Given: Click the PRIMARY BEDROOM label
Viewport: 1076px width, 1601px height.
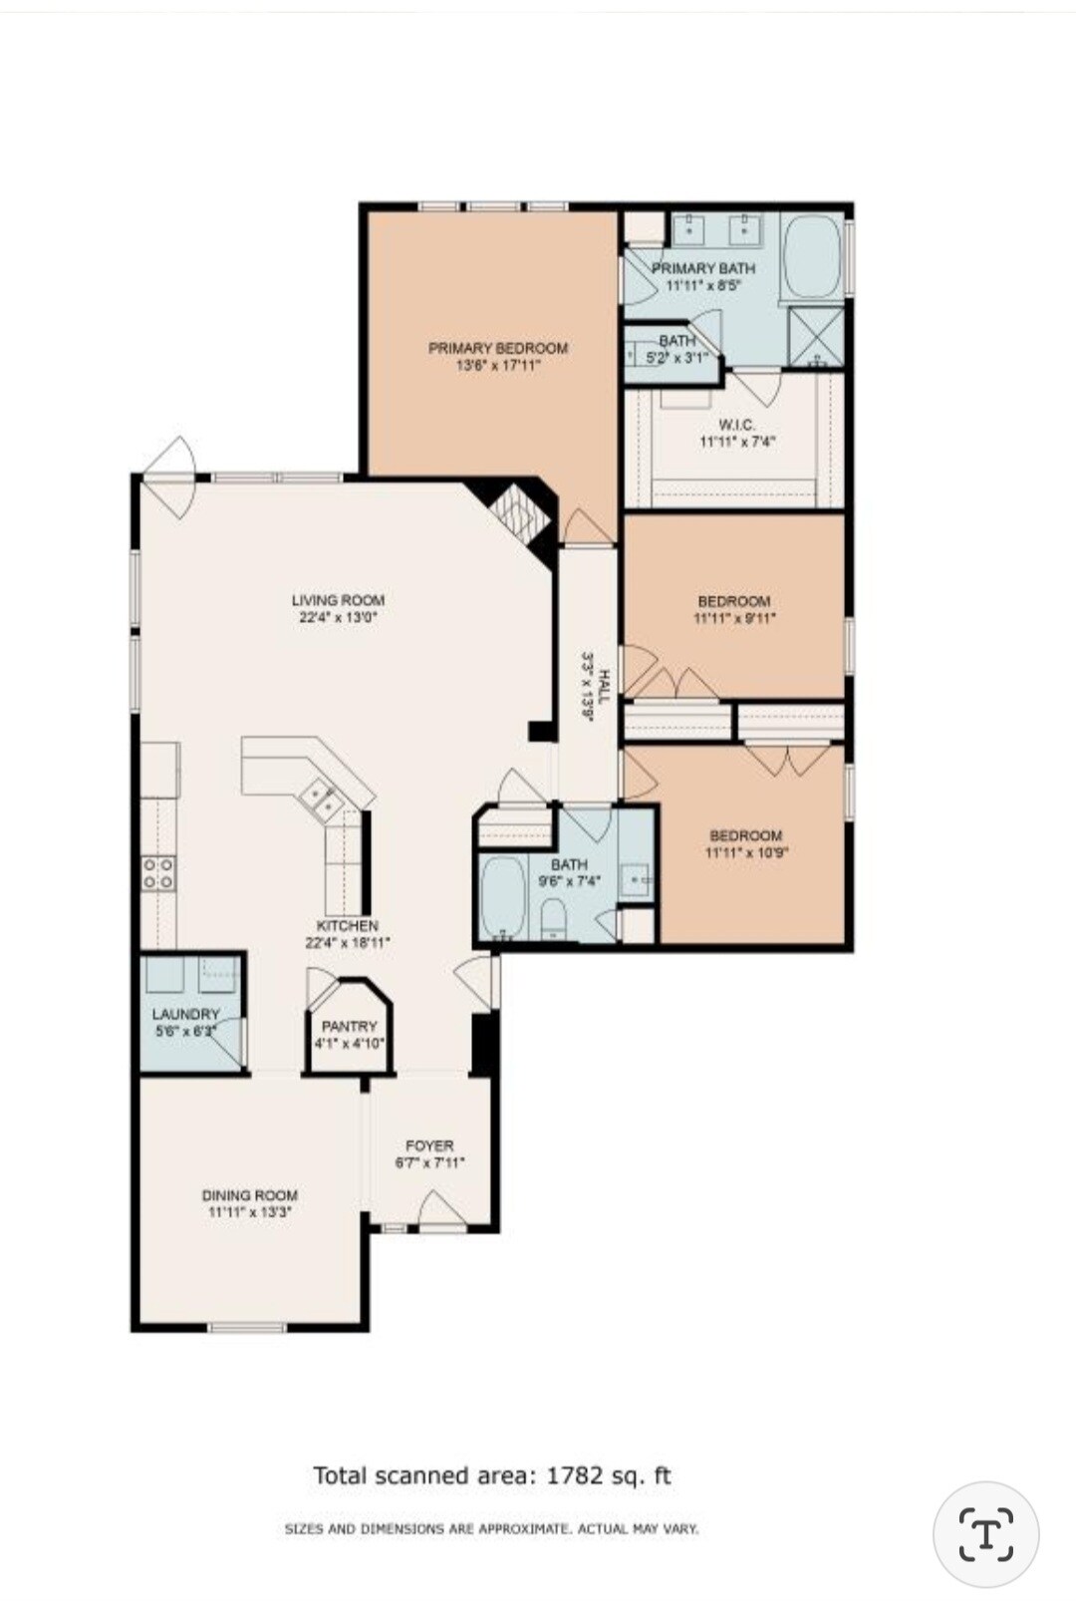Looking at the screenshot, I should point(497,348).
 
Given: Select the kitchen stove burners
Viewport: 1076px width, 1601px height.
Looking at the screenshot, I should point(158,873).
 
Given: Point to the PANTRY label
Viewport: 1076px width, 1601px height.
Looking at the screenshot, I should point(349,1026).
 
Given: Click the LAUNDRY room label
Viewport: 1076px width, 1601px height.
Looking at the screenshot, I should point(185,1014).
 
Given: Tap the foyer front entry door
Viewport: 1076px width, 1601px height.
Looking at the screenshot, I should point(439,1212).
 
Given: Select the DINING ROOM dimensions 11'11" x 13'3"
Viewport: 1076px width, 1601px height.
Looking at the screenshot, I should point(249,1213).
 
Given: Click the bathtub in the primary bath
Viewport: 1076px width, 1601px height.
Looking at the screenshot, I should point(813,256).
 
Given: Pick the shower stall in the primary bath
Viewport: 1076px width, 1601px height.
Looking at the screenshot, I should point(815,336).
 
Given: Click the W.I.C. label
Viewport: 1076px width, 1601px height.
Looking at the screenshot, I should point(736,425).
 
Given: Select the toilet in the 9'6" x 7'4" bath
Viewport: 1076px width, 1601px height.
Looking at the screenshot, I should point(553,919).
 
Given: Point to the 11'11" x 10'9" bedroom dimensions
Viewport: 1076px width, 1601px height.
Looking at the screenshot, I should point(745,853).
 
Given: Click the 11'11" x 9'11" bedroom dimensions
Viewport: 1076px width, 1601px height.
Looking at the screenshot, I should point(733,618).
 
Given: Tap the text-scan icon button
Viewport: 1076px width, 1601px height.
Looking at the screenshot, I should point(985,1533).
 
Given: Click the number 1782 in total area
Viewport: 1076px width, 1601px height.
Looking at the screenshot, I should point(575,1475).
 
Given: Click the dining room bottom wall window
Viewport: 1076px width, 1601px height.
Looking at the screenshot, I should point(247,1327).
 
